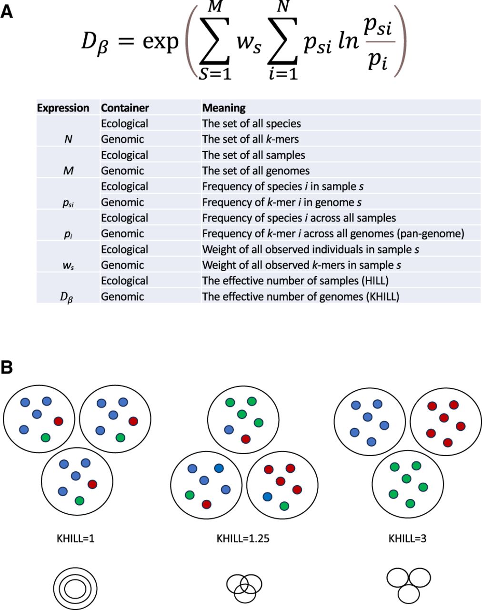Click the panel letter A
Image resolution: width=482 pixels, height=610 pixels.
(x=7, y=11)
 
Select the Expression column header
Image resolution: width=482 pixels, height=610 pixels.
(x=63, y=108)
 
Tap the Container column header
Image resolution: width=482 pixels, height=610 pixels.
(x=125, y=108)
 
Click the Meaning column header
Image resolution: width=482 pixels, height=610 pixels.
(x=223, y=108)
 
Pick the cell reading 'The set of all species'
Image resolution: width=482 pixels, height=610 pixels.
(x=251, y=123)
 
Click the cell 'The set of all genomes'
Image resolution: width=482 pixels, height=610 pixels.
(x=256, y=171)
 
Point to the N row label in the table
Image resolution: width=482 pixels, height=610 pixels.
(x=68, y=139)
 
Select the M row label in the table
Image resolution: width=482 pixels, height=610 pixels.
(x=68, y=171)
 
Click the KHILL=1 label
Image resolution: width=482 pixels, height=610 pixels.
(x=75, y=539)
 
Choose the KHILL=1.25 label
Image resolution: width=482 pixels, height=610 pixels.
(x=243, y=539)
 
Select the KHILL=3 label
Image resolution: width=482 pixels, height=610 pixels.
(x=407, y=539)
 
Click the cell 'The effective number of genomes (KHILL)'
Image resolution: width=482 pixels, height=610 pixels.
(x=301, y=296)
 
